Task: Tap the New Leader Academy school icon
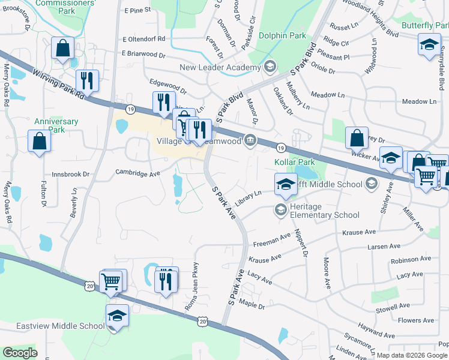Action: (270, 66)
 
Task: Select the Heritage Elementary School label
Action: (325, 211)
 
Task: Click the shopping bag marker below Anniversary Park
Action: (39, 142)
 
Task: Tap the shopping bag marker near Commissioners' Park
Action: (62, 49)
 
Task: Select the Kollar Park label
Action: (294, 163)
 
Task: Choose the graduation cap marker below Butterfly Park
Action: (429, 45)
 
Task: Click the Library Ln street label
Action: (249, 199)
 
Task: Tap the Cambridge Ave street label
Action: (137, 173)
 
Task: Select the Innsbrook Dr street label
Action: (70, 175)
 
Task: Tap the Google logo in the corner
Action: (20, 353)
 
